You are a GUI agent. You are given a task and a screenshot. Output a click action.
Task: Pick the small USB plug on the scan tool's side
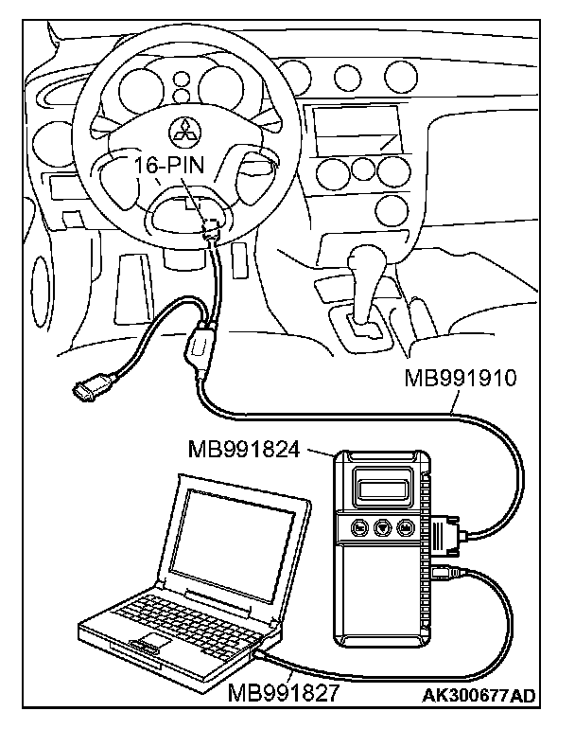445,572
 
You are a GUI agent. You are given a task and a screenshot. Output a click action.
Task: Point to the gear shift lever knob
363,258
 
